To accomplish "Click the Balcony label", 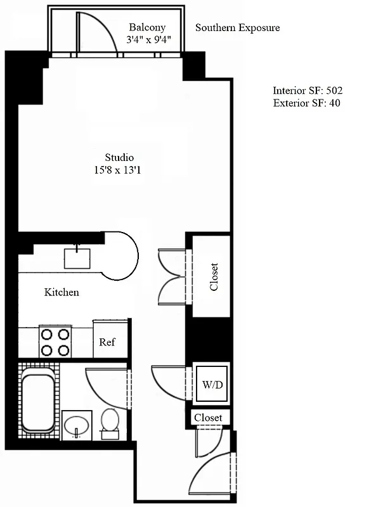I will pos(147,27).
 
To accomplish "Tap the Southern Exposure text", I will pos(237,28).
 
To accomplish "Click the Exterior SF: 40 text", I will pos(306,103).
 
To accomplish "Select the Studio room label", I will pos(119,157).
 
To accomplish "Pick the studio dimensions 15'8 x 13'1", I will pos(119,170).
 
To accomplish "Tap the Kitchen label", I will pos(62,292).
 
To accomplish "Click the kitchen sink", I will pos(79,259).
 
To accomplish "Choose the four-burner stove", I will pos(55,342).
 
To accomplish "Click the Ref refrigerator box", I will pos(108,342).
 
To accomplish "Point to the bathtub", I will pos(37,403).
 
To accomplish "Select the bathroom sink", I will pos(77,425).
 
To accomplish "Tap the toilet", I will pos(110,422).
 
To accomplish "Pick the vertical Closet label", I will pos(214,276).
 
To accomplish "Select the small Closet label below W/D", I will pos(208,418).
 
